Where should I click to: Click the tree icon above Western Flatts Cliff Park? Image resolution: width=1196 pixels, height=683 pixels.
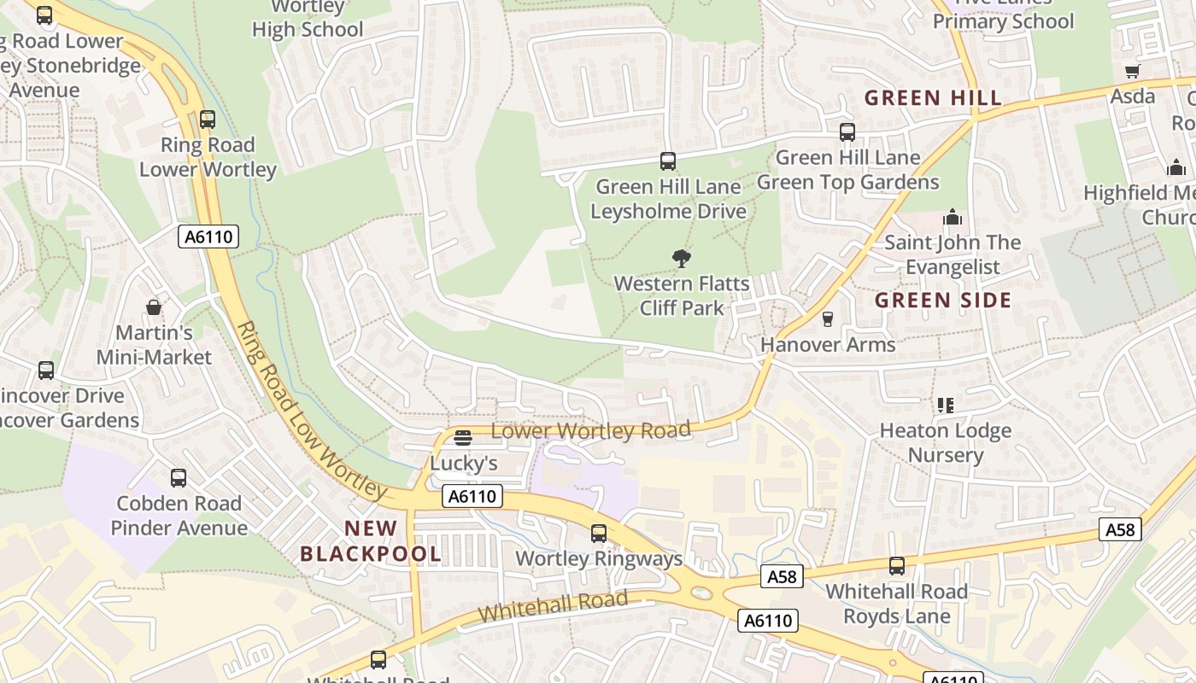tap(681, 258)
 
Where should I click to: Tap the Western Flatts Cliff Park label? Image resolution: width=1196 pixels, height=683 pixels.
tap(681, 295)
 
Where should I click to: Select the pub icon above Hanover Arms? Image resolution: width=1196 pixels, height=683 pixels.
tap(827, 319)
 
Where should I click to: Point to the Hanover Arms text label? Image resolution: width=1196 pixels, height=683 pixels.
tap(827, 345)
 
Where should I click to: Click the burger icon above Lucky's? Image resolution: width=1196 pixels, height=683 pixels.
tap(463, 438)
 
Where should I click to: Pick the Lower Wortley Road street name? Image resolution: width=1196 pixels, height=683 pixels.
tap(590, 430)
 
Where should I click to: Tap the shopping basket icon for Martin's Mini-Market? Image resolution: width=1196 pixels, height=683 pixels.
tap(154, 307)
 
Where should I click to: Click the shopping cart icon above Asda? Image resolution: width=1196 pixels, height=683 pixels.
tap(1133, 72)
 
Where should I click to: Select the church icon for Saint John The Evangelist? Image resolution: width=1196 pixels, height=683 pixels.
tap(953, 218)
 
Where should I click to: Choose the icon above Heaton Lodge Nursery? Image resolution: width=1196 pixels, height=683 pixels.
tap(945, 405)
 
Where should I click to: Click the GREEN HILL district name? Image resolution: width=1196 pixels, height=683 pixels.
tap(933, 98)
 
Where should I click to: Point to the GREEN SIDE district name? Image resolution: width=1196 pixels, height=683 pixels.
tap(943, 301)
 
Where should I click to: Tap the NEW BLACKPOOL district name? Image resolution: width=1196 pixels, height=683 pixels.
tap(371, 540)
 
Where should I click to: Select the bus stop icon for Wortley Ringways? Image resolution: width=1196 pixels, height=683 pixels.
tap(599, 534)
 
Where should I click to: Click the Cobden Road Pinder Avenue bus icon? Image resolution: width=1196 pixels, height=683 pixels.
tap(179, 478)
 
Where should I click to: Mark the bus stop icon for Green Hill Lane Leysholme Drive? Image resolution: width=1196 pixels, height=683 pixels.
tap(668, 161)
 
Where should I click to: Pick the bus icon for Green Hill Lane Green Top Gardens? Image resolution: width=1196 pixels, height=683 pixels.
tap(847, 132)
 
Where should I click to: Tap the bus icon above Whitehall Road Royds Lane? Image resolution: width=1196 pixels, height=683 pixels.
tap(897, 566)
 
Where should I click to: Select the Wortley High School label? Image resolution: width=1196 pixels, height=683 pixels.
tap(308, 19)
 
